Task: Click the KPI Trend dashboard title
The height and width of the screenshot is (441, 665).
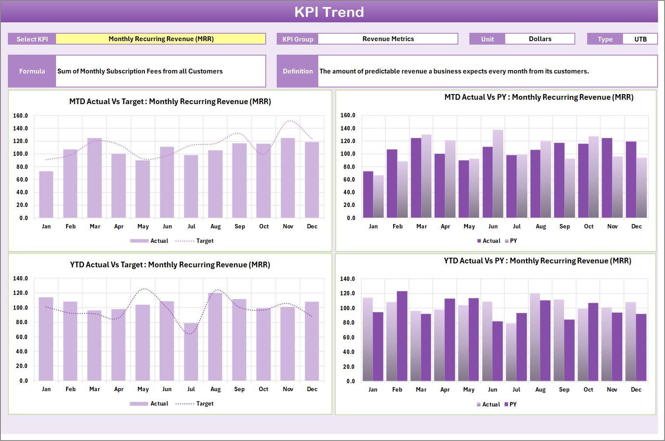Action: pyautogui.click(x=329, y=12)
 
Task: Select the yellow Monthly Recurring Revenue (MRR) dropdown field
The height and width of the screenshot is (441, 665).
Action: pyautogui.click(x=161, y=39)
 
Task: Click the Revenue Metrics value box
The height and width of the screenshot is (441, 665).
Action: pyautogui.click(x=388, y=39)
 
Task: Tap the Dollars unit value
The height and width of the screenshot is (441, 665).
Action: pyautogui.click(x=540, y=39)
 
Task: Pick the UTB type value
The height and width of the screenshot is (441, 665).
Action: pyautogui.click(x=640, y=39)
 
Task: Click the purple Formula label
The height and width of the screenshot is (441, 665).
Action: pyautogui.click(x=32, y=71)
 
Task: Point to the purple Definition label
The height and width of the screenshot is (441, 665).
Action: pyautogui.click(x=298, y=71)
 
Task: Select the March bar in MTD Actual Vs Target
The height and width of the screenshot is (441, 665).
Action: pyautogui.click(x=95, y=178)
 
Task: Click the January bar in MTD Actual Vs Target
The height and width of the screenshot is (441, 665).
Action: pyautogui.click(x=46, y=195)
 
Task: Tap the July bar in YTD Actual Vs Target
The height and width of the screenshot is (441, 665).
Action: pyautogui.click(x=191, y=352)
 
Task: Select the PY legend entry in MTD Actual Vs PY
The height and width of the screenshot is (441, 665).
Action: pyautogui.click(x=513, y=241)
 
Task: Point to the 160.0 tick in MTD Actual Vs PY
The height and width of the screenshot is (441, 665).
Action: pyautogui.click(x=348, y=115)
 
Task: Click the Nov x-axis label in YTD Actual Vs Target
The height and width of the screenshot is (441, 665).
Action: pyautogui.click(x=288, y=389)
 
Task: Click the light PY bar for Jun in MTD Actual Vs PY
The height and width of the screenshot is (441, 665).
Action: pyautogui.click(x=498, y=174)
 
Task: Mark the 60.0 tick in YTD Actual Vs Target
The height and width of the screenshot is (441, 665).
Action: pyautogui.click(x=21, y=337)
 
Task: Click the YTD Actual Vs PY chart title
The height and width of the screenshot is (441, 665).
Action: pyautogui.click(x=537, y=261)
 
